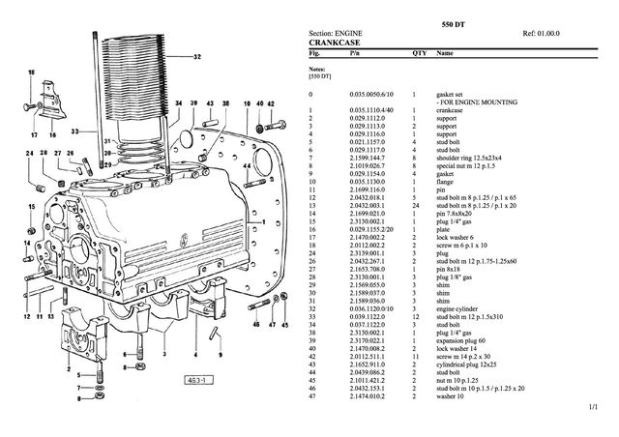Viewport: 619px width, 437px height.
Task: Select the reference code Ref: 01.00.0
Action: tap(543, 32)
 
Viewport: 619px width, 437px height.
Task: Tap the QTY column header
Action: tap(419, 54)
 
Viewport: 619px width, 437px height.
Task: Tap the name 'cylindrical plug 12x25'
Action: tap(470, 364)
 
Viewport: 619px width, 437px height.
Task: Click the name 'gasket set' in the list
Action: tap(452, 93)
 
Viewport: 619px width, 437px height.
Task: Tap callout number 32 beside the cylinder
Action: tap(197, 57)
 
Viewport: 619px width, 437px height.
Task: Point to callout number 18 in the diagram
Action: tap(31, 74)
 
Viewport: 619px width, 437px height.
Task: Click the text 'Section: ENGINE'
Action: tap(335, 32)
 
